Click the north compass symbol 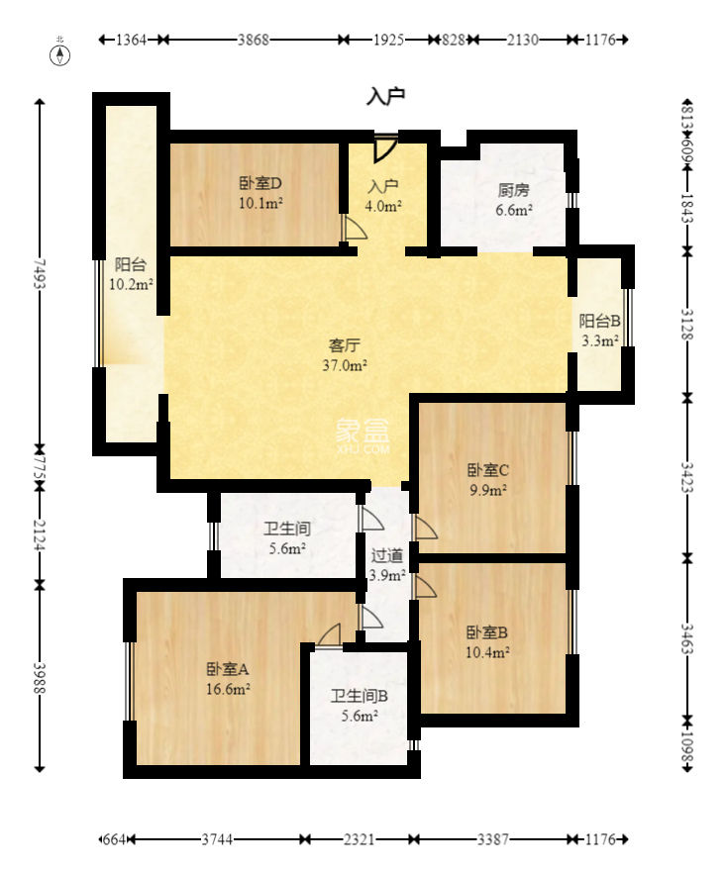click(x=61, y=53)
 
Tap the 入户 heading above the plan click(x=386, y=96)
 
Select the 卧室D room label click(x=261, y=193)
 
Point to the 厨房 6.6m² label click(x=514, y=200)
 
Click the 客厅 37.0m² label click(x=348, y=354)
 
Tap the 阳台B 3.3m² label click(x=600, y=331)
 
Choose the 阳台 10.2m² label click(x=131, y=274)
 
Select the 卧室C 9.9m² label click(x=487, y=479)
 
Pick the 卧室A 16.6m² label click(x=228, y=678)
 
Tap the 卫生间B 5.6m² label click(x=359, y=705)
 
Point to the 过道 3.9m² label click(x=387, y=565)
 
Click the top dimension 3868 click(x=254, y=41)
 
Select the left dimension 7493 click(x=40, y=274)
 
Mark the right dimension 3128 click(x=687, y=323)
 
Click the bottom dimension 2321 click(x=359, y=839)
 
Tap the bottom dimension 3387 click(x=492, y=839)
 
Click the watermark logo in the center click(x=363, y=434)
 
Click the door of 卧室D click(x=353, y=229)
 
